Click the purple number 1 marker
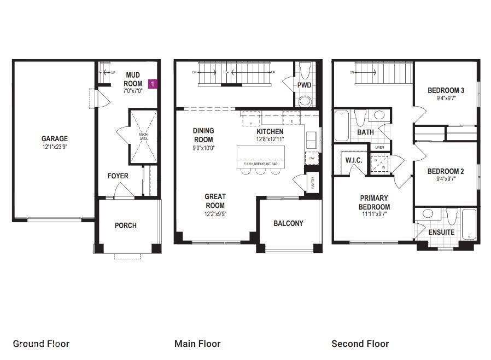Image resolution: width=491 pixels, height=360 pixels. [x=153, y=84]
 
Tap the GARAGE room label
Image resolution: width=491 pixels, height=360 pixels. [x=55, y=139]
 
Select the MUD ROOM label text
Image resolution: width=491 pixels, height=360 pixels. [x=133, y=79]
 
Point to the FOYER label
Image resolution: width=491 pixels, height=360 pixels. [x=118, y=176]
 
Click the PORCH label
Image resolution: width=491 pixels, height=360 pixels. [x=126, y=225]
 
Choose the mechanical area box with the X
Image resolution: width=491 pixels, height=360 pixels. [x=143, y=137]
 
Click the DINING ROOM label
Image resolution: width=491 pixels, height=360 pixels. [x=203, y=135]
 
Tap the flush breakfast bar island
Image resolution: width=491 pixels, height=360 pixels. [x=260, y=157]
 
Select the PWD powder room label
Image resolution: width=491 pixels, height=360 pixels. [x=305, y=85]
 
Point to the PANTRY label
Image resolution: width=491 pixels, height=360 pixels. [x=312, y=182]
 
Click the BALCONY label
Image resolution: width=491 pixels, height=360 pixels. [x=288, y=223]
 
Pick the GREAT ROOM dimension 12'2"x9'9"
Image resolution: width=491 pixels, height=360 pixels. [x=215, y=214]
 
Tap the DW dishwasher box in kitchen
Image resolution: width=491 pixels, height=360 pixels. [x=312, y=158]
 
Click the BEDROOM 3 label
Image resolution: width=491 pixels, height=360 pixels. [x=446, y=90]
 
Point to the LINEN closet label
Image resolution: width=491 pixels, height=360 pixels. [x=380, y=147]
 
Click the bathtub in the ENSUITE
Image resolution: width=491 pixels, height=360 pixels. [x=469, y=224]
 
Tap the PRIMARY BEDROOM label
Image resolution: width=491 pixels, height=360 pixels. [x=374, y=202]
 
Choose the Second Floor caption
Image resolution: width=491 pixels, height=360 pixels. [x=360, y=344]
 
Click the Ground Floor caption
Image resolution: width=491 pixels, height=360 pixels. [x=41, y=344]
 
